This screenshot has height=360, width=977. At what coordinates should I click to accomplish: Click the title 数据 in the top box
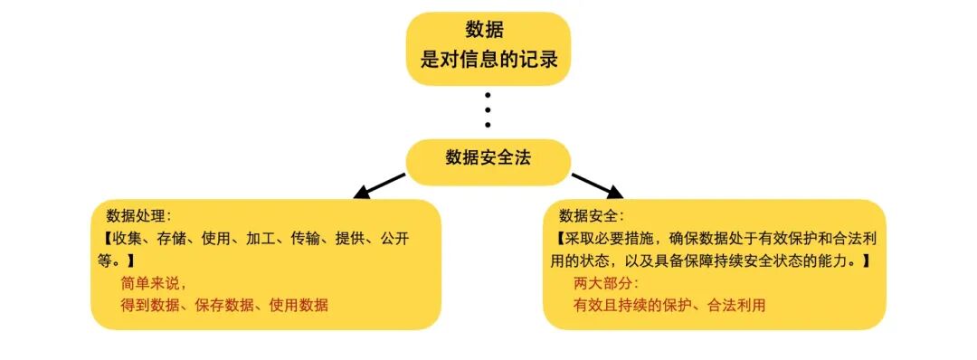point(488,30)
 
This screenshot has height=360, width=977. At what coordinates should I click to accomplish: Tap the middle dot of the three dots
point(488,109)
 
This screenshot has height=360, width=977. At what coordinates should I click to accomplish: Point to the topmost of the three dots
point(488,94)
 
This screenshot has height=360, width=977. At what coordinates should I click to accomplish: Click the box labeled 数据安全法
point(488,157)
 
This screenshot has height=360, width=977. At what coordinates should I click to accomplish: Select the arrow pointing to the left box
point(380,184)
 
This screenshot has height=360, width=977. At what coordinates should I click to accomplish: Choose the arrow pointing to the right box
point(597,184)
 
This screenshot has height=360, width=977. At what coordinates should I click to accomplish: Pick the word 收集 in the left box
point(128,239)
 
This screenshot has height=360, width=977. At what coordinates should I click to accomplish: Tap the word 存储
point(173,239)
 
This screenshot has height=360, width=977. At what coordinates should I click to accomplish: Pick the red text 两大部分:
point(606,283)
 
